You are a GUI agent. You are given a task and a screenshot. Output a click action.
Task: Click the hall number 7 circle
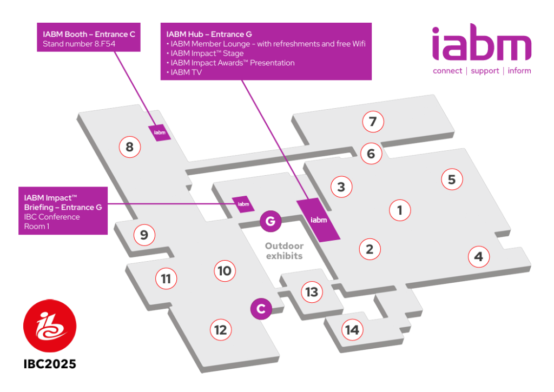(x=373, y=122)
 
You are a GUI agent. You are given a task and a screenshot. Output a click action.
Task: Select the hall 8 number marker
(x=130, y=147)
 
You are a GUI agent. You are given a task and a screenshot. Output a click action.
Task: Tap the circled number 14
(x=352, y=330)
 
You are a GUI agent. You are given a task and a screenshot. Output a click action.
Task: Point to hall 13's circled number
(x=312, y=292)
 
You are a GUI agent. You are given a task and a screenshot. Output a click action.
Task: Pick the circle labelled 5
(x=452, y=180)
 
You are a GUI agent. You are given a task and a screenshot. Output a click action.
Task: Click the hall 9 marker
(x=144, y=235)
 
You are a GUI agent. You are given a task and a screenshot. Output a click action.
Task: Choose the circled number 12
(x=221, y=330)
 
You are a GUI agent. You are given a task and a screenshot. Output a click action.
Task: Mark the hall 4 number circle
(x=479, y=256)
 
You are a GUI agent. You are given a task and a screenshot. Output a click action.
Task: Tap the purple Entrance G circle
(x=271, y=222)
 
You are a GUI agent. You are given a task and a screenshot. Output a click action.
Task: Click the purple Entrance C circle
(x=261, y=309)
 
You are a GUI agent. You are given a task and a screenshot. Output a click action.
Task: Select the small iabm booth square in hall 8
(x=160, y=133)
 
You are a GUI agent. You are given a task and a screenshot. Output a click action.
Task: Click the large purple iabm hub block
(x=318, y=220)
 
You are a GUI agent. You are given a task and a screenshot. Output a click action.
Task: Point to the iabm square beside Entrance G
(x=243, y=204)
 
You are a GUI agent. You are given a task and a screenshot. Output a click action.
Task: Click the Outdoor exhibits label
(x=285, y=251)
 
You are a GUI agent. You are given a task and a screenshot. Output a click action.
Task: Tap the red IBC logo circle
(x=50, y=325)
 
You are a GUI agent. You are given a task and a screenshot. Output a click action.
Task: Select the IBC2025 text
(x=50, y=364)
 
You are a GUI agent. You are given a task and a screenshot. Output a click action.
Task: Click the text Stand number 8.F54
(x=79, y=44)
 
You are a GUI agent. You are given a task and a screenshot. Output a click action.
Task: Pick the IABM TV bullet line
(x=184, y=72)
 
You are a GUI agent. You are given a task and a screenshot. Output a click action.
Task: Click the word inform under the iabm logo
(x=519, y=71)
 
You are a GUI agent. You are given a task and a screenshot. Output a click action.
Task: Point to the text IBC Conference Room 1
(x=52, y=222)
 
